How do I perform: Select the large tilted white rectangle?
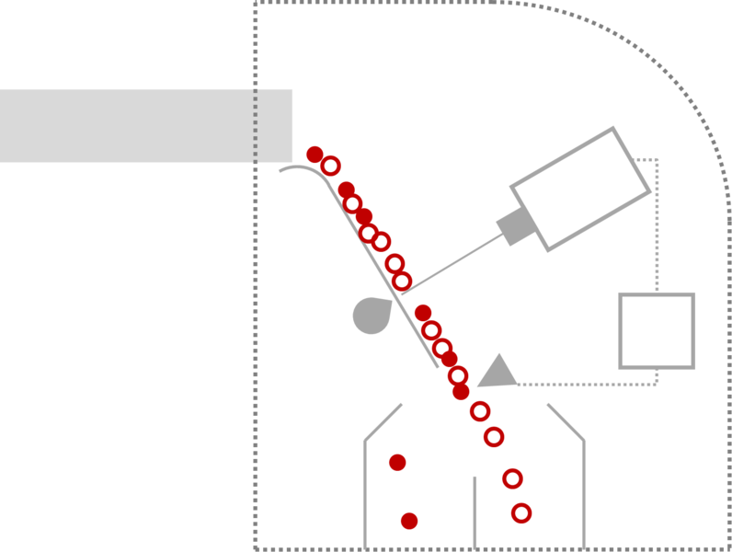click(x=580, y=189)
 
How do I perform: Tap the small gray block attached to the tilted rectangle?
click(x=515, y=226)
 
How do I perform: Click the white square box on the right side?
click(x=657, y=330)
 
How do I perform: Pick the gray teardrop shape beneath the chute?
click(x=371, y=316)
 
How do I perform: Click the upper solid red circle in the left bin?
click(x=397, y=462)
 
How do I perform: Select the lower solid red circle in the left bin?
click(x=409, y=521)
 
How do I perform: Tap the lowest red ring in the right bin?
click(x=521, y=513)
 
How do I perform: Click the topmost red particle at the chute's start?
click(x=315, y=154)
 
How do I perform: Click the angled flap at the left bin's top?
click(x=383, y=421)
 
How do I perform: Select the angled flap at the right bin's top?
click(x=565, y=421)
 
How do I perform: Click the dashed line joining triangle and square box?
click(x=589, y=384)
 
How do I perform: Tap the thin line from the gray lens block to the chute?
click(x=451, y=268)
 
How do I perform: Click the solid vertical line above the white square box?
click(x=658, y=225)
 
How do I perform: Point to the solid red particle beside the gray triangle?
click(x=461, y=391)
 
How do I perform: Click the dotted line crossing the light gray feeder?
click(x=256, y=126)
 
